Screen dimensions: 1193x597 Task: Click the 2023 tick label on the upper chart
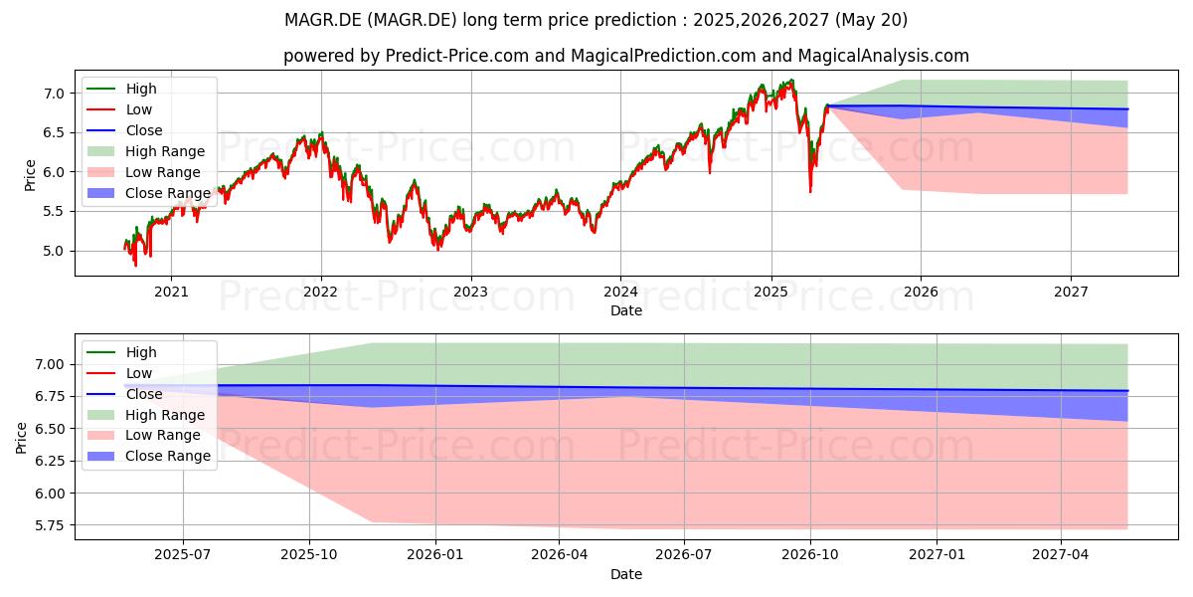coord(471,293)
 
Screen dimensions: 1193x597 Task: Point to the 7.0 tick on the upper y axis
coord(54,94)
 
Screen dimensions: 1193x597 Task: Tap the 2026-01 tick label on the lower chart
coord(435,555)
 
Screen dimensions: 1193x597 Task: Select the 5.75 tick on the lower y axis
coord(50,525)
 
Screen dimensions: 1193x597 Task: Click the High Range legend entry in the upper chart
coord(145,151)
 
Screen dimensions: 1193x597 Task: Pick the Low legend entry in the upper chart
coord(119,109)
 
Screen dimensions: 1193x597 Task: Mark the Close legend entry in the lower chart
coord(124,394)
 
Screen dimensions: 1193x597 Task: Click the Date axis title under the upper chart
coord(625,310)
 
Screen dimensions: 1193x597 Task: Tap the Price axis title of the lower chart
coord(21,438)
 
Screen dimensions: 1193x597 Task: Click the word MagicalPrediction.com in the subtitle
coord(663,56)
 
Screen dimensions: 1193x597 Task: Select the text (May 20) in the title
coord(871,20)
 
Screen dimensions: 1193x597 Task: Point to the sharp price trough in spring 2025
coord(810,191)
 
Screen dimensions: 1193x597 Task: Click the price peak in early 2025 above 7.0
coord(792,81)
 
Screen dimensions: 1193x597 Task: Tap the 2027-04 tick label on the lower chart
coord(1061,555)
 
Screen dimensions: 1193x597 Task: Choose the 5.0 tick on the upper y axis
coord(54,251)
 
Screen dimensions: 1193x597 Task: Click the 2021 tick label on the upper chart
coord(171,293)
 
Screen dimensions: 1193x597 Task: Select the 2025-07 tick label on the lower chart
coord(183,555)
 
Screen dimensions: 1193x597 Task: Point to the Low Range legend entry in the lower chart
coord(143,436)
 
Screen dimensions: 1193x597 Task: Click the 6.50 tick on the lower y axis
coord(50,429)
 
